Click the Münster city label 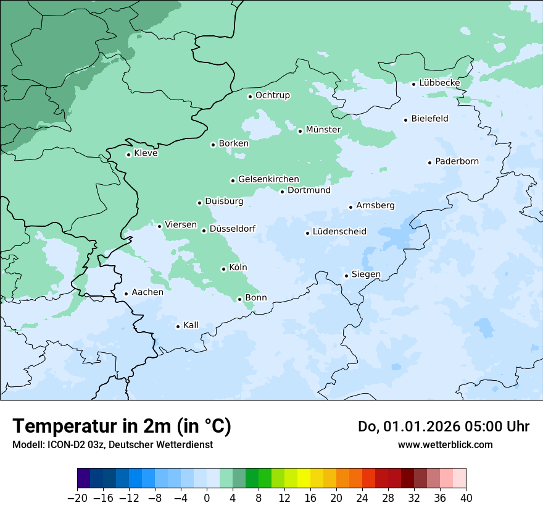[323, 130]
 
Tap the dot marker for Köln [223, 269]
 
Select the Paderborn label [457, 161]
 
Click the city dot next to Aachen [126, 294]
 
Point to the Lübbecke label [439, 83]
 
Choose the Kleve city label [146, 153]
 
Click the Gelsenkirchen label [268, 179]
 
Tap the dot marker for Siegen [346, 276]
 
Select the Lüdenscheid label [339, 232]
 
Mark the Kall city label [191, 325]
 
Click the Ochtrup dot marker [250, 96]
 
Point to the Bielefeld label [429, 119]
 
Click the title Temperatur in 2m [122, 426]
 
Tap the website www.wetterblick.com [445, 444]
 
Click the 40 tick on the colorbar [466, 498]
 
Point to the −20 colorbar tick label [78, 498]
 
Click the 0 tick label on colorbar [207, 498]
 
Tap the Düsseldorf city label [232, 229]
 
